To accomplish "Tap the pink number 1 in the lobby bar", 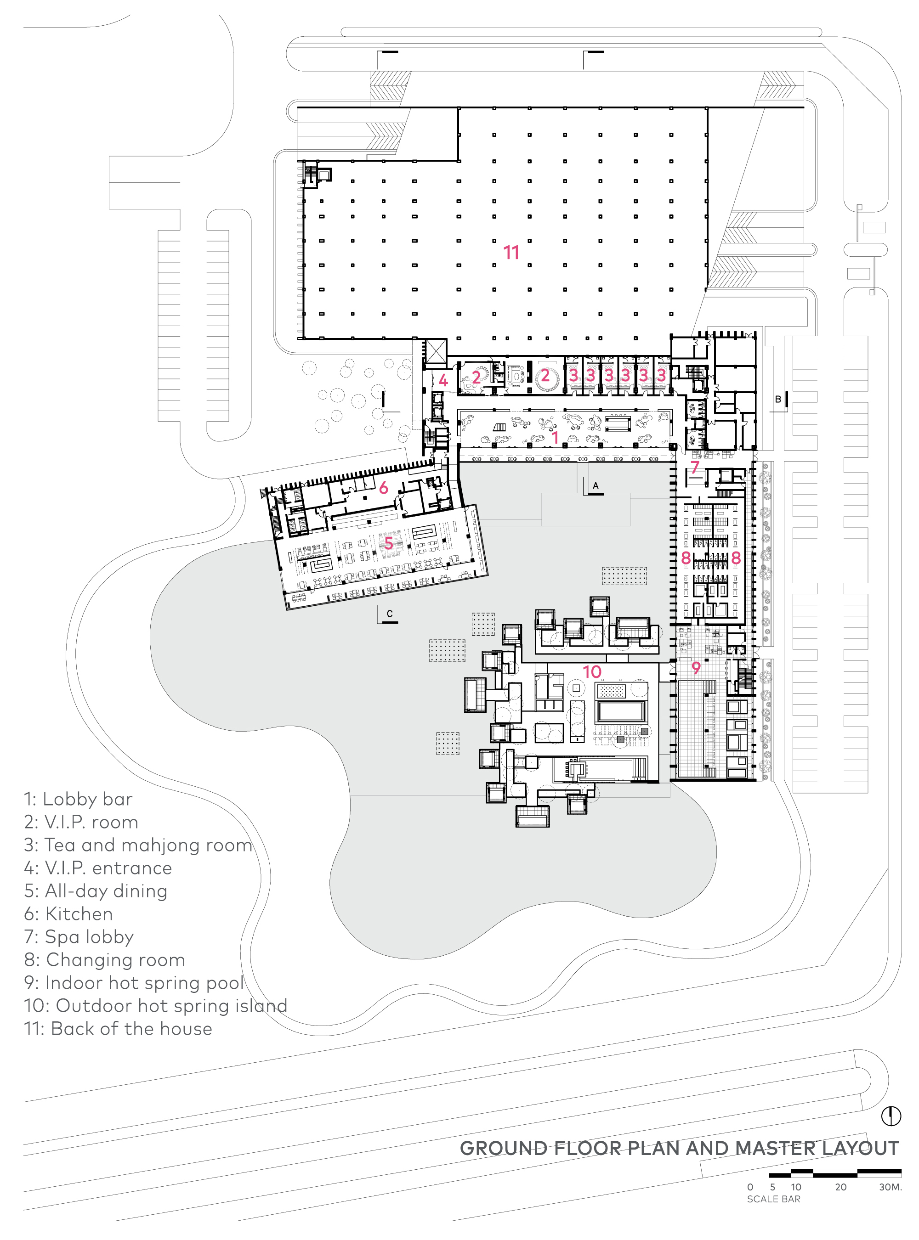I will tap(555, 438).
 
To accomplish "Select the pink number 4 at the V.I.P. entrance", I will tap(443, 380).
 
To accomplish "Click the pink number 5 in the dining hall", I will tap(388, 543).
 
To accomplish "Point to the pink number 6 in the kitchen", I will tap(383, 488).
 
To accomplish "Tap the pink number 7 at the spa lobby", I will tap(695, 467).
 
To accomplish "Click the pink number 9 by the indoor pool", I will tap(695, 667).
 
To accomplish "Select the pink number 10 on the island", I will tap(592, 672).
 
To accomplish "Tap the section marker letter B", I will tap(777, 399).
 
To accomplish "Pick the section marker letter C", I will tap(389, 613).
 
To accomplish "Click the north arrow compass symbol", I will tap(891, 1116).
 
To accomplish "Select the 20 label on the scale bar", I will tap(840, 1187).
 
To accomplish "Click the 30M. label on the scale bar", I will tap(890, 1187).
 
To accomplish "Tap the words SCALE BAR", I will tap(773, 1199).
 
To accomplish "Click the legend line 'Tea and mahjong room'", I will tap(138, 845).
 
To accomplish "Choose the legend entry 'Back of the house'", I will tap(118, 1028).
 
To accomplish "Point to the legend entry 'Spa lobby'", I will tap(79, 936).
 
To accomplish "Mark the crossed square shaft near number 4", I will tap(436, 351).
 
